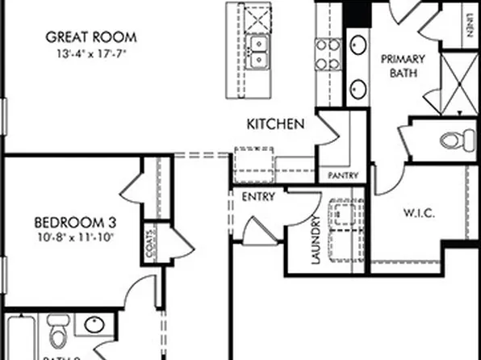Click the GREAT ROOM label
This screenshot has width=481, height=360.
click(x=90, y=36)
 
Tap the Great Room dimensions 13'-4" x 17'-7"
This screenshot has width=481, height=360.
click(x=90, y=53)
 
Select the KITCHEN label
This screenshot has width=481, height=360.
click(x=275, y=124)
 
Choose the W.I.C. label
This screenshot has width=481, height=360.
click(x=420, y=213)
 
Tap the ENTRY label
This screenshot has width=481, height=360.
click(x=259, y=196)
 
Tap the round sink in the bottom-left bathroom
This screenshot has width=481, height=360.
click(x=94, y=326)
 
